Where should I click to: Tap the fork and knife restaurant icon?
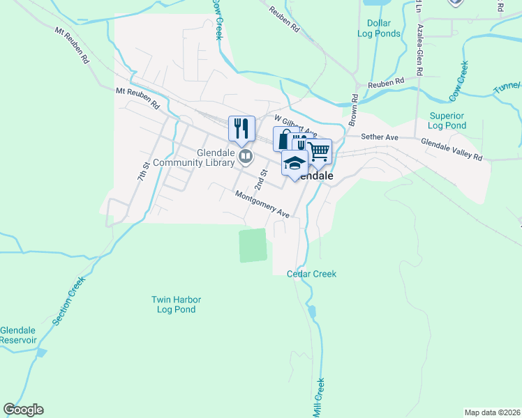point(241,128)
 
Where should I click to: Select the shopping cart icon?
point(319,150)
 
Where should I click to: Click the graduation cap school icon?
point(294,163)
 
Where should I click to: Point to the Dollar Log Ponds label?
point(379,29)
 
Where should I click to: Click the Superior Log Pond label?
point(447,121)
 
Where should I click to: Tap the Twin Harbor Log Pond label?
point(174,304)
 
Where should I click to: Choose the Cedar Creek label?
point(311,274)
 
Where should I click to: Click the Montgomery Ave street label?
point(262,203)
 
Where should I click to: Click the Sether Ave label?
point(379,137)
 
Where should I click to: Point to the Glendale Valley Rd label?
point(451,148)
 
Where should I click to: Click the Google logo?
point(23,410)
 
